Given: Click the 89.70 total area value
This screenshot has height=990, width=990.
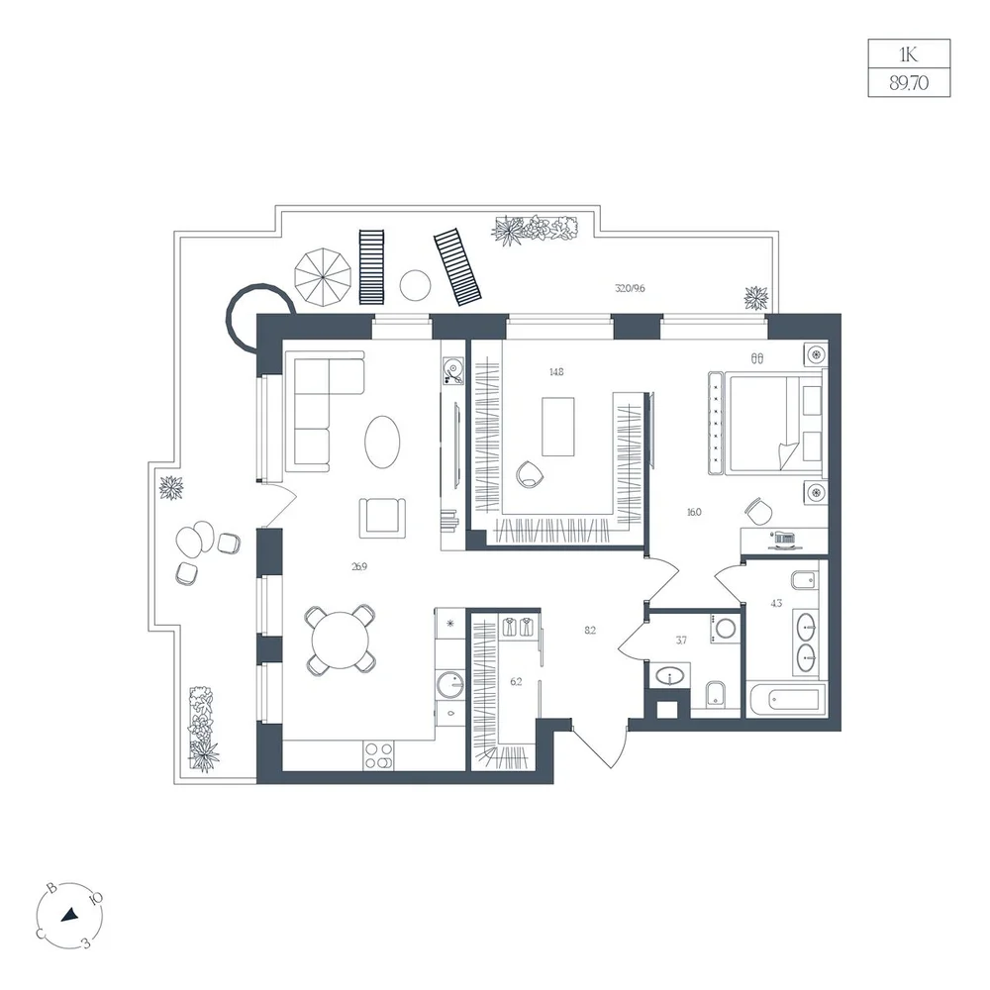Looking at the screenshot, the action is pos(909,83).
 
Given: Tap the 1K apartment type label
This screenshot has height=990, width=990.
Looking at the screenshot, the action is pos(908,54).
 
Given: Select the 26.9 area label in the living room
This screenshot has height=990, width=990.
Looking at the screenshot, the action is pos(359,566).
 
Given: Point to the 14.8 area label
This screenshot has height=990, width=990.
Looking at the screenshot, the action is pos(556,372).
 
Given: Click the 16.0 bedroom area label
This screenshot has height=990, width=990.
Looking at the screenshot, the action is pos(694,512).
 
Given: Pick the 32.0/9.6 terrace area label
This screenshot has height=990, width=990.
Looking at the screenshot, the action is pos(630,288).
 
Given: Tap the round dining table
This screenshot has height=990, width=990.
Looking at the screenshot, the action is pos(340,640).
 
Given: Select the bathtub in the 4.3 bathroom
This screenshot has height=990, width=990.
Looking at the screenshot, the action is pos(786,699).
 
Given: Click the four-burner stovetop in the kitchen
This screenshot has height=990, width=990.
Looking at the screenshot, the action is pos(378,755).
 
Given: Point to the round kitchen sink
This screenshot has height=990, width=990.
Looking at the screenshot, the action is pos(450,684).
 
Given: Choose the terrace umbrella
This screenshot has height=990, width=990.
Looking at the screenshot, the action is pos(323,276).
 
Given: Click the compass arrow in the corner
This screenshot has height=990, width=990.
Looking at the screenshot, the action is pos(69,915).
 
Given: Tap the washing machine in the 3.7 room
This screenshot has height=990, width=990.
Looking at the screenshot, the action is pos(725,629).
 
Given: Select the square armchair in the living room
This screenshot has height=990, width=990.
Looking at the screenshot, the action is pos(382,518).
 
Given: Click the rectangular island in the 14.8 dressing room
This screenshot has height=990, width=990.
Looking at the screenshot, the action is pos(558,426).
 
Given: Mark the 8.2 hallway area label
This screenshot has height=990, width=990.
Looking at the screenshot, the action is pos(590,630).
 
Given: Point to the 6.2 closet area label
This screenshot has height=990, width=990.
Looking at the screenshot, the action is pos(516,681).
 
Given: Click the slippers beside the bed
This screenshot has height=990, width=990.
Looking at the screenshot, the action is pos(757,358).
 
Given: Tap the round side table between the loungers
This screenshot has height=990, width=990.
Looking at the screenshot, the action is pos(416,285).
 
